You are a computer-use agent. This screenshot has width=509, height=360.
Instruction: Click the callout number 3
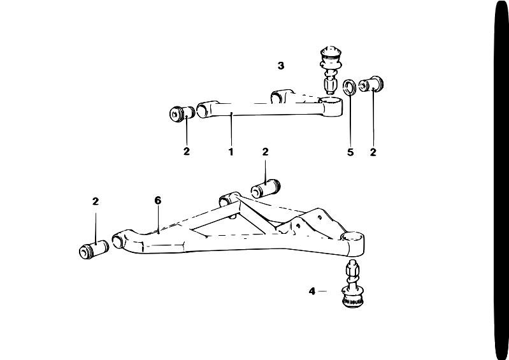281,66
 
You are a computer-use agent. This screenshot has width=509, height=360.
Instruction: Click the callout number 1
231,152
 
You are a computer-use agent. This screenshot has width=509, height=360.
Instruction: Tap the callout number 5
350,152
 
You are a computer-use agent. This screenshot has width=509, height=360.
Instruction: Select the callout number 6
158,201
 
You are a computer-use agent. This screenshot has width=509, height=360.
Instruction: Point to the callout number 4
312,291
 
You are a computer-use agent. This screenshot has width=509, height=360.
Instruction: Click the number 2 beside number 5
373,152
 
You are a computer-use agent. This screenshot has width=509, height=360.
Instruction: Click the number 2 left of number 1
186,151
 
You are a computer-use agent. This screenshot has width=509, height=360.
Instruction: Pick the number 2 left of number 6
95,201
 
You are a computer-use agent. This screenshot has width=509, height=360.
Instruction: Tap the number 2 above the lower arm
265,152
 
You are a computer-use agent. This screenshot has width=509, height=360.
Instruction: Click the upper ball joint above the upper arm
331,71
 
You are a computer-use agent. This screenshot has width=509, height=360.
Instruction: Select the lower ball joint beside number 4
353,284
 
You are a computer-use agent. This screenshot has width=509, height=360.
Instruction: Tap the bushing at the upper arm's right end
371,84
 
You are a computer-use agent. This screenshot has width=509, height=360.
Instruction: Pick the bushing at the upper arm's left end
182,113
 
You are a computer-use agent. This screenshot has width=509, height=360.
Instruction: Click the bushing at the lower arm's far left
94,250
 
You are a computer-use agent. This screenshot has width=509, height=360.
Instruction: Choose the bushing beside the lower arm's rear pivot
266,188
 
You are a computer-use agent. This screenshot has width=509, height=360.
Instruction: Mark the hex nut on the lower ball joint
352,268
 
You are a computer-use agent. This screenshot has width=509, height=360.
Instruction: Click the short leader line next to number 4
322,291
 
